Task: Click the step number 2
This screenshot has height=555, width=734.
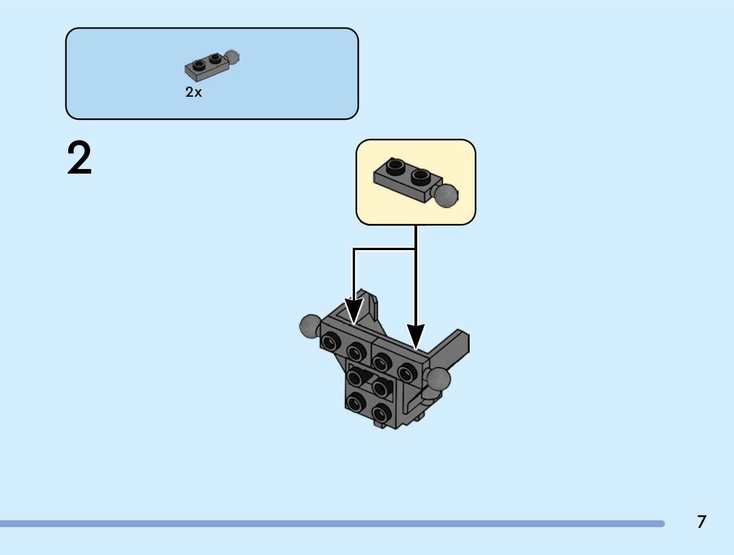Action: [80, 158]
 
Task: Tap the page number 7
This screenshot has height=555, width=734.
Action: [701, 522]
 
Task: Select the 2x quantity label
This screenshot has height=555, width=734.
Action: [193, 92]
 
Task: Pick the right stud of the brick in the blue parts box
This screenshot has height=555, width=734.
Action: [215, 58]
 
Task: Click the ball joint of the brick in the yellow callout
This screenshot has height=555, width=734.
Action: [446, 195]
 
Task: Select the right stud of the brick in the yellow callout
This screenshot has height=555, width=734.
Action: [421, 175]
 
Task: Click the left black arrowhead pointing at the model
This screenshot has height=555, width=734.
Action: [354, 311]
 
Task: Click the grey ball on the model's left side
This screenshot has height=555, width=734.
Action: [310, 326]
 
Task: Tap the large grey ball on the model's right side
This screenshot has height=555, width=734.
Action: [438, 379]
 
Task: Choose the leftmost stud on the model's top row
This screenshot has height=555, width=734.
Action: [330, 342]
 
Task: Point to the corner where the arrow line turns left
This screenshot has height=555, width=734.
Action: [354, 249]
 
